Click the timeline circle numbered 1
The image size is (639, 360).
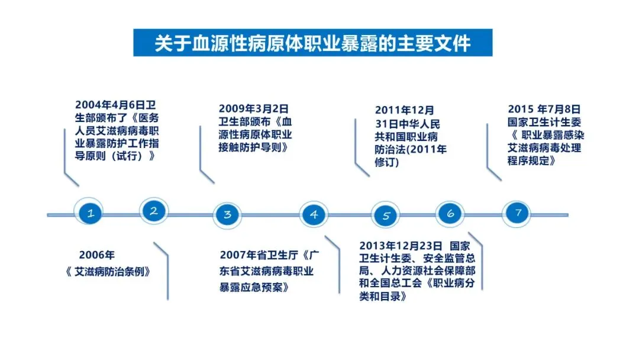tap(91, 214)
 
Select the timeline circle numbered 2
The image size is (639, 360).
tap(154, 211)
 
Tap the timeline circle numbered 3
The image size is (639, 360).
tap(227, 215)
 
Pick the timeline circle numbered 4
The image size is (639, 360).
tap(314, 215)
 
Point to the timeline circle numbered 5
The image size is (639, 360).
tap(386, 216)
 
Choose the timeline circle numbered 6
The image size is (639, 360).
tap(450, 214)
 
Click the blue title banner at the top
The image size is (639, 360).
tap(312, 43)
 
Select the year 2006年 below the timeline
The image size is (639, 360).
tap(96, 255)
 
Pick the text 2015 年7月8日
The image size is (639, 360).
tap(544, 110)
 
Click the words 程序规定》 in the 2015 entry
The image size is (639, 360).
tap(531, 160)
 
